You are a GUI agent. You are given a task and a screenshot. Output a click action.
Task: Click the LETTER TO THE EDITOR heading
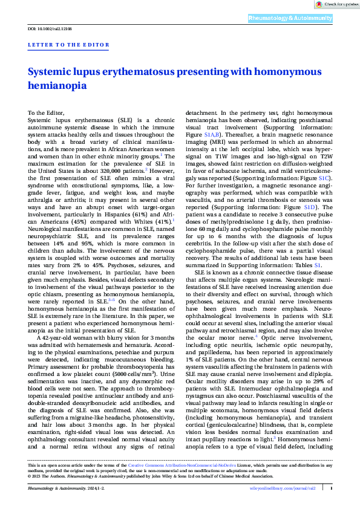69,45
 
